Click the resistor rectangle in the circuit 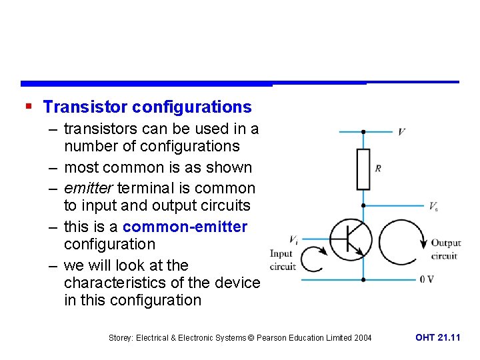coord(363,169)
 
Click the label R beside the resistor coord(378,168)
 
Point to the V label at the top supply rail coord(401,132)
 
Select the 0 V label coord(427,279)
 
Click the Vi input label coord(293,239)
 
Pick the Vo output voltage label coord(433,206)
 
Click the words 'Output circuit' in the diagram coord(445,249)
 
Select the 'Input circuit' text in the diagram coord(283,260)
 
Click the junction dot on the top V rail coord(363,132)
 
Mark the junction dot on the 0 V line coord(363,279)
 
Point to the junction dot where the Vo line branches coord(363,205)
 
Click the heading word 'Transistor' coord(85,107)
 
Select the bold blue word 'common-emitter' coord(185,227)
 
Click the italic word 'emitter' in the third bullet coord(87,188)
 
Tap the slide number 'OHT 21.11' coord(437,338)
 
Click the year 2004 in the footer coord(362,338)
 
